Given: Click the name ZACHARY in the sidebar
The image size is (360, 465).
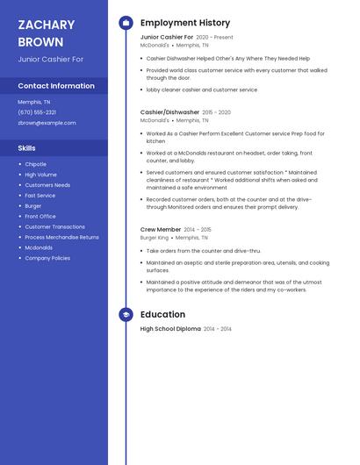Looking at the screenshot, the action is (46, 25).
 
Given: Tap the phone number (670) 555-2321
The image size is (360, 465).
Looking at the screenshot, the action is (37, 112).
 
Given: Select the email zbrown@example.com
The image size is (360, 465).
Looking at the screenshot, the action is (47, 123).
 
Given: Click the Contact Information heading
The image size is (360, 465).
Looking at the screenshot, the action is (56, 86).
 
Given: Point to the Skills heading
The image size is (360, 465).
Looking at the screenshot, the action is (27, 148).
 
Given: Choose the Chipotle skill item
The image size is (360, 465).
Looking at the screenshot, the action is (35, 164).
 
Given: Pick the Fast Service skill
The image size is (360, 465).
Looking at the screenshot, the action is (40, 196).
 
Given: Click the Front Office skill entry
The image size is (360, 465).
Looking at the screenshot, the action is (40, 216).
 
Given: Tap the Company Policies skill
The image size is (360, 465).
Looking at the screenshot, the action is (47, 258).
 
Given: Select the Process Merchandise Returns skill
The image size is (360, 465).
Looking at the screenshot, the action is (61, 237).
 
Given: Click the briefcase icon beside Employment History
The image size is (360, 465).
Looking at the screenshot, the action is (126, 23).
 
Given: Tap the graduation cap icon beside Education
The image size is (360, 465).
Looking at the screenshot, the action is (126, 314).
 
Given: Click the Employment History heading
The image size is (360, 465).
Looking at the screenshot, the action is (185, 23).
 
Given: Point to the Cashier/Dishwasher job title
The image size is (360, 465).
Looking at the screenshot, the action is (169, 112).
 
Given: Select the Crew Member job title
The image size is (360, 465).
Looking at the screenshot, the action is (161, 229).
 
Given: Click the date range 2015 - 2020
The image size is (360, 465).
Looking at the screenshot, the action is (216, 112).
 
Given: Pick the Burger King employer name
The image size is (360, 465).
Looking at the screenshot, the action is (155, 238).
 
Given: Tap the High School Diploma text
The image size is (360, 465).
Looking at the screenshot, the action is (170, 329).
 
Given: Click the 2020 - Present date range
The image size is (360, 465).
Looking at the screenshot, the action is (214, 38).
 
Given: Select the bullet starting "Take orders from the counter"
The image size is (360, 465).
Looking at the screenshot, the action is (204, 251).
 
